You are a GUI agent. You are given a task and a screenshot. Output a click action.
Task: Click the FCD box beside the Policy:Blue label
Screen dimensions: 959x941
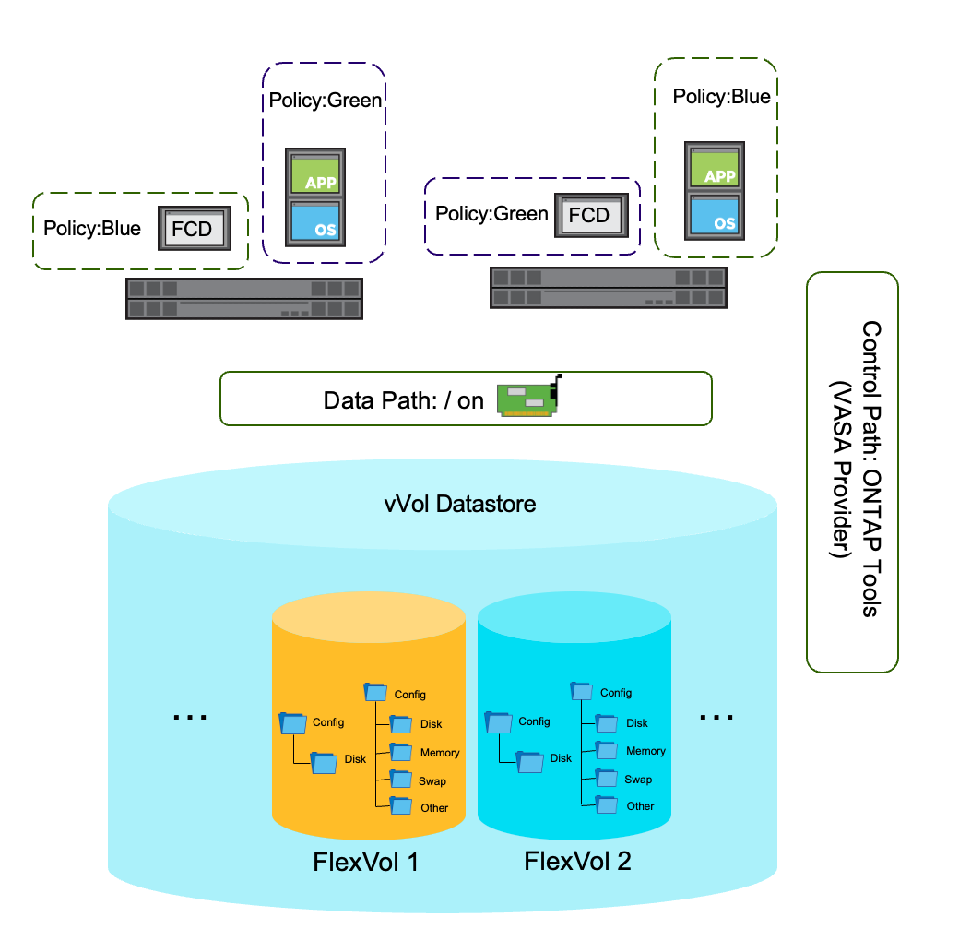pyautogui.click(x=195, y=228)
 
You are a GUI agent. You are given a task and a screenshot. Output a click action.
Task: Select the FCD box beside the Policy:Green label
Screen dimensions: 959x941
pyautogui.click(x=591, y=215)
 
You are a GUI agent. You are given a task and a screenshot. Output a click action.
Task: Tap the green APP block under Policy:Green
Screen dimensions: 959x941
pyautogui.click(x=315, y=174)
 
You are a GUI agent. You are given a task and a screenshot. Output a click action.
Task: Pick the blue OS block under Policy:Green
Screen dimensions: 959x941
pyautogui.click(x=315, y=222)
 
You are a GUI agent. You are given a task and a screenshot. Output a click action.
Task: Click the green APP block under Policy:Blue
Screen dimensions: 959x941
pyautogui.click(x=715, y=168)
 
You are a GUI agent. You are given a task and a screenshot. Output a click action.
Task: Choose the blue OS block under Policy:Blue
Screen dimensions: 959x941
pyautogui.click(x=715, y=215)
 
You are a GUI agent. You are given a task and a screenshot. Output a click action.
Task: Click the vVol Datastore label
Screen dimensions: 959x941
pyautogui.click(x=460, y=504)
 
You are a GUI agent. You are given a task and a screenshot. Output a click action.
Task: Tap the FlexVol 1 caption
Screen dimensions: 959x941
pyautogui.click(x=366, y=862)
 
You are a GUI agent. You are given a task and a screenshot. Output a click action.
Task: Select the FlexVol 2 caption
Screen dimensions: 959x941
pyautogui.click(x=577, y=861)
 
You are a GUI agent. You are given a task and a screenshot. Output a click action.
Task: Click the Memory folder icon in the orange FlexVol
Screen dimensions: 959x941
pyautogui.click(x=400, y=752)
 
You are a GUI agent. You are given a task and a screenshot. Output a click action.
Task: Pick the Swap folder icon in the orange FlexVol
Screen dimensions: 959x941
pyautogui.click(x=400, y=779)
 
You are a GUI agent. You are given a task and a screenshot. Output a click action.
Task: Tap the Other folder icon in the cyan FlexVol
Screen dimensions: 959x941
pyautogui.click(x=607, y=804)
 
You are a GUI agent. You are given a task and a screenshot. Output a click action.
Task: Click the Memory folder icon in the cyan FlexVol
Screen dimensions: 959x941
pyautogui.click(x=607, y=750)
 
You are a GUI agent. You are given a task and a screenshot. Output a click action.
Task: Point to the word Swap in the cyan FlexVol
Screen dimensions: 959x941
pyautogui.click(x=638, y=780)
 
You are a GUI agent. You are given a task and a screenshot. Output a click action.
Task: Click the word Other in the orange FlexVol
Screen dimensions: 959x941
pyautogui.click(x=434, y=807)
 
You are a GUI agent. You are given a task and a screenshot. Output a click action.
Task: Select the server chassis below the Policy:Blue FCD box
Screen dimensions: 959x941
pyautogui.click(x=244, y=299)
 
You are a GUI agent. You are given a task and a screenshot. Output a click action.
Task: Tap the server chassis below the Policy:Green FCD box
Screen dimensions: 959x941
pyautogui.click(x=609, y=288)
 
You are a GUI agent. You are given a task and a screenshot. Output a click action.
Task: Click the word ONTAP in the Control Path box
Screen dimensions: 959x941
pyautogui.click(x=871, y=513)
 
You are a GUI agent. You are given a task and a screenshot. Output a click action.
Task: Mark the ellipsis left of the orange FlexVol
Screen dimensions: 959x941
pyautogui.click(x=190, y=717)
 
